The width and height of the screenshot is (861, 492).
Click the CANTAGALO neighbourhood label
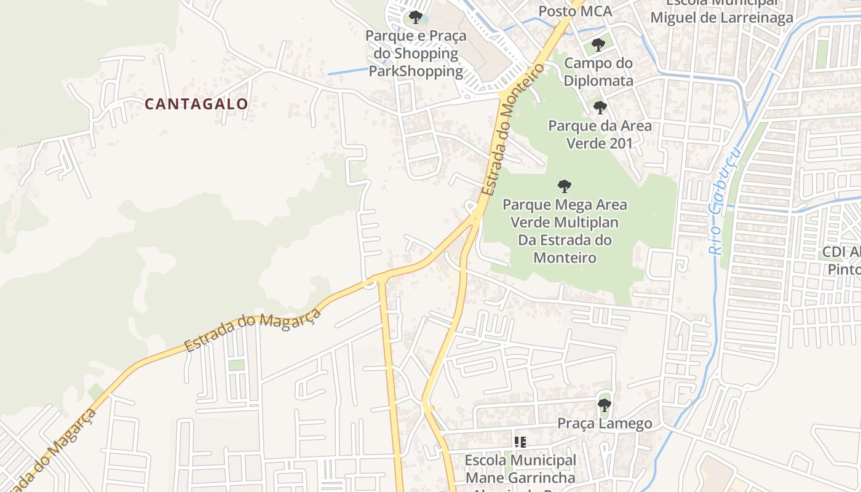click(196, 104)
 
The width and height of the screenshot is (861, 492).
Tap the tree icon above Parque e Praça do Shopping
click(416, 17)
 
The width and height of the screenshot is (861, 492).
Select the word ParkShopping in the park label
click(416, 71)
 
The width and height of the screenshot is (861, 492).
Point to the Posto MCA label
click(575, 11)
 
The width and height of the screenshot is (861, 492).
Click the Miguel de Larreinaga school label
click(721, 18)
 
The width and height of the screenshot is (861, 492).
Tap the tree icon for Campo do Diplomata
click(598, 45)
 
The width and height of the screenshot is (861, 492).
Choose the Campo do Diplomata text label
click(598, 72)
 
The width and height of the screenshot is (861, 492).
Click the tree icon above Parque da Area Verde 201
click(600, 108)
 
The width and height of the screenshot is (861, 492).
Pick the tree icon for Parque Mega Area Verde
click(564, 186)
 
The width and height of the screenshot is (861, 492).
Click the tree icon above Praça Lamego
click(604, 405)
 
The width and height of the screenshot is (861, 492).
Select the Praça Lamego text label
click(604, 423)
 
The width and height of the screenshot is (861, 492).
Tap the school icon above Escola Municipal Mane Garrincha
click(520, 442)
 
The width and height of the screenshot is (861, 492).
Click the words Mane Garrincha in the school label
click(520, 477)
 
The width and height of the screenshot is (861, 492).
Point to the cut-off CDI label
click(844, 261)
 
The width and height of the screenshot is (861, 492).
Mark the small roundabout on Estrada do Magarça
click(370, 283)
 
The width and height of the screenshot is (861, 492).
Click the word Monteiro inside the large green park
click(564, 258)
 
